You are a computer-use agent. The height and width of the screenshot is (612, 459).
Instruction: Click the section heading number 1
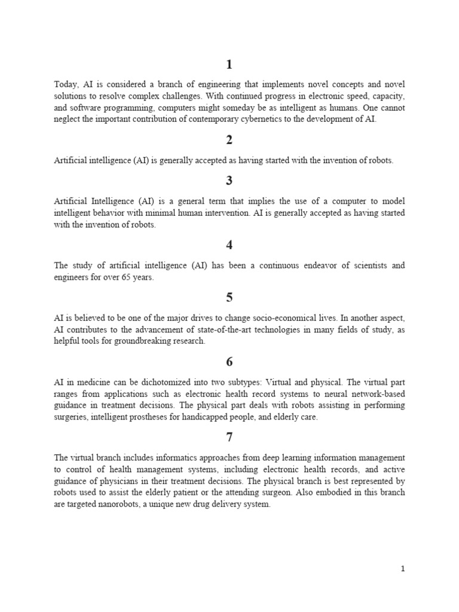click(229, 65)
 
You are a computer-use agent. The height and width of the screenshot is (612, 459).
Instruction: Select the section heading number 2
click(229, 140)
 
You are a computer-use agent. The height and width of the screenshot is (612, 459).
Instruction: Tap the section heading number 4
click(229, 244)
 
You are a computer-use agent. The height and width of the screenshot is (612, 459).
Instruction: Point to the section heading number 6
click(229, 362)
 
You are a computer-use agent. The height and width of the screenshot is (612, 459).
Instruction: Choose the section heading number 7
click(229, 438)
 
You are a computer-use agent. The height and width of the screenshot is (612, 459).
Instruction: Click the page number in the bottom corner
click(403, 569)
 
